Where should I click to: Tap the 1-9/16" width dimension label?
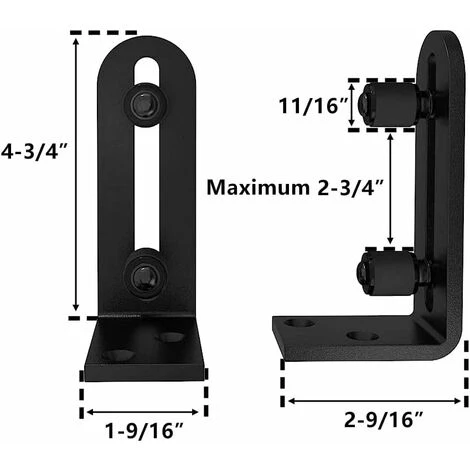pos(144,430)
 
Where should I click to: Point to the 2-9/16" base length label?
pos(383,419)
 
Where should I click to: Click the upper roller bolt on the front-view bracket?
pos(145,103)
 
